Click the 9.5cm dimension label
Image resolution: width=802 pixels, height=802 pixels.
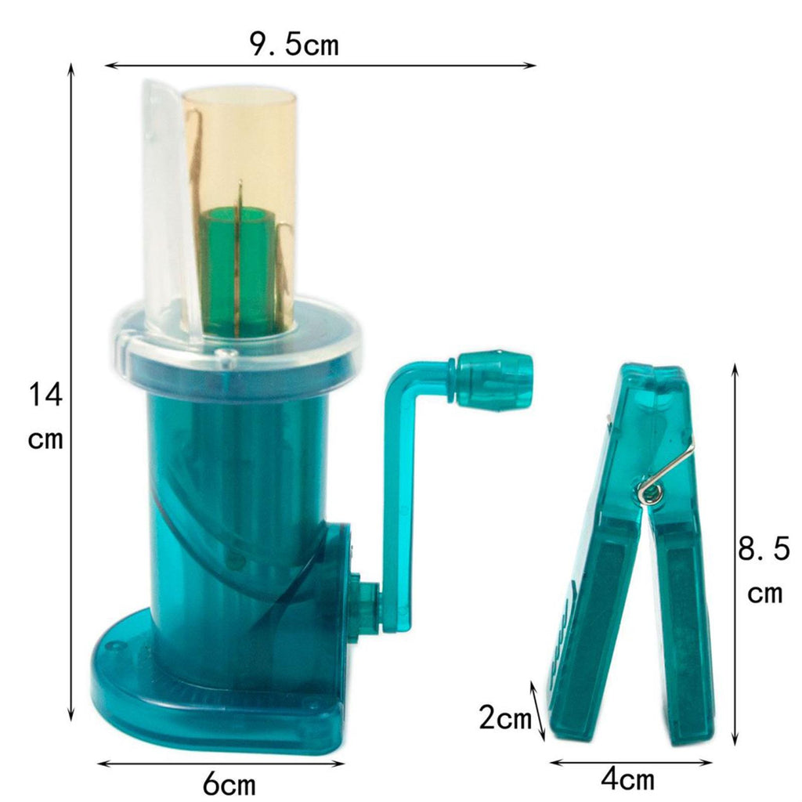294,44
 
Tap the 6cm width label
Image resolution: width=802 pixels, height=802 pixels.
229,783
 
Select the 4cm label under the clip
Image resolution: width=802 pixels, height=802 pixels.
627,780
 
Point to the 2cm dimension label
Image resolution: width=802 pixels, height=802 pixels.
505,717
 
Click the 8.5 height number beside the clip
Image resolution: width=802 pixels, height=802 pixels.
764,549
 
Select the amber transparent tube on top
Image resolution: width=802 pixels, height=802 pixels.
240,204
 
